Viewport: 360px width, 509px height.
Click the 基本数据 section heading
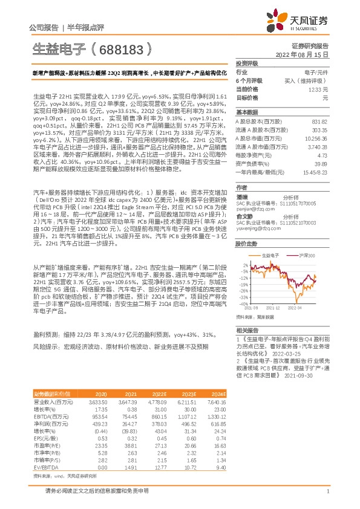[246, 112]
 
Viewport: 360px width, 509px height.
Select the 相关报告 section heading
[246, 330]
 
